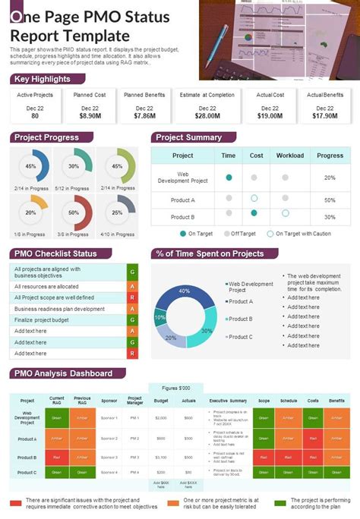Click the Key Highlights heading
click(x=42, y=79)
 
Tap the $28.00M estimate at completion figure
click(x=207, y=116)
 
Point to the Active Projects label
click(x=35, y=95)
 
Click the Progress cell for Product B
click(x=330, y=215)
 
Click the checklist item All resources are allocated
click(x=47, y=286)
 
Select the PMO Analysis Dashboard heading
click(x=63, y=373)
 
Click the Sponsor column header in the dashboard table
click(x=109, y=400)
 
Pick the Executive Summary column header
click(x=228, y=400)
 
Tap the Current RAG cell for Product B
click(x=57, y=457)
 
